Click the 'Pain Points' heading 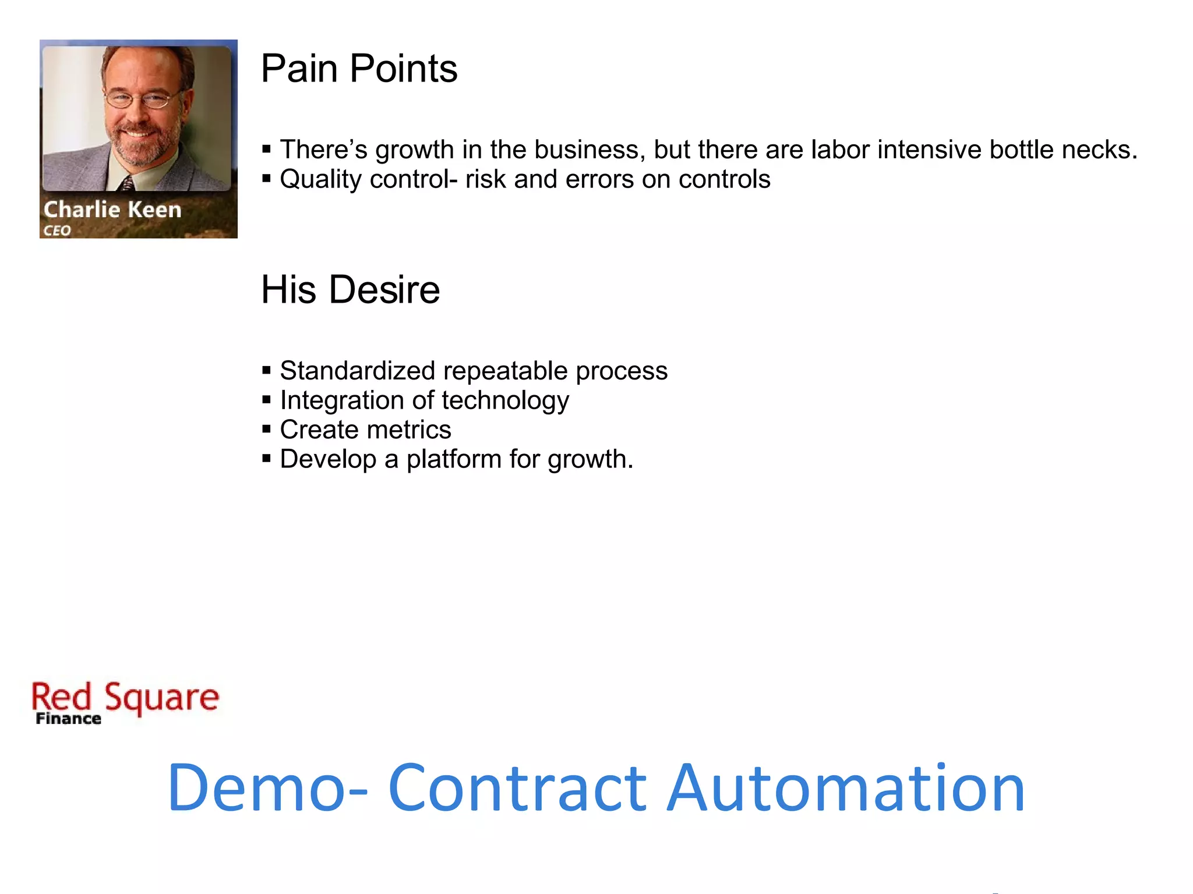(x=359, y=69)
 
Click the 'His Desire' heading (x=350, y=289)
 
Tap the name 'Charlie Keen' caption (x=112, y=210)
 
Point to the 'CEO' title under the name (x=57, y=230)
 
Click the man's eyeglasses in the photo (x=142, y=100)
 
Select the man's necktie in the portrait (x=127, y=185)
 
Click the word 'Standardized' (x=358, y=371)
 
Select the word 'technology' (x=505, y=400)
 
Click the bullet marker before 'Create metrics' (x=267, y=430)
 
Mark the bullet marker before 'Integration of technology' (x=267, y=400)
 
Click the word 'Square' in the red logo (x=161, y=697)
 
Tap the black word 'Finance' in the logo (x=68, y=719)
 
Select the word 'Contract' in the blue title (x=517, y=789)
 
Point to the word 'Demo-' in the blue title (x=267, y=789)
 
